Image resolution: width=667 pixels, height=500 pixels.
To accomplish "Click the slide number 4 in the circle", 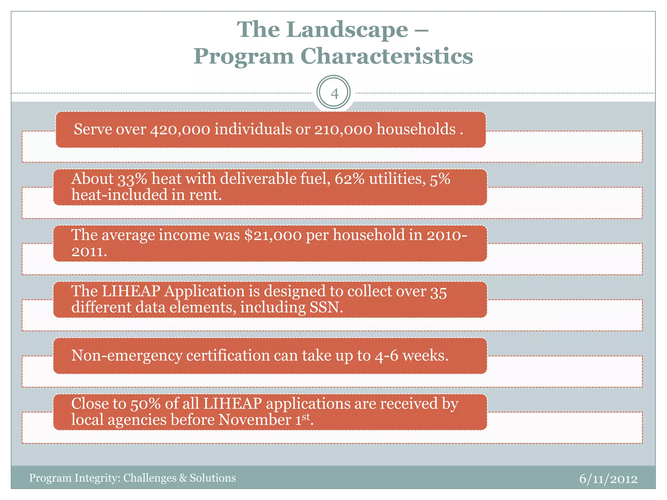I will tap(334, 94).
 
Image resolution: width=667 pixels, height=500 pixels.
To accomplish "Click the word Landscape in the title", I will tap(347, 30).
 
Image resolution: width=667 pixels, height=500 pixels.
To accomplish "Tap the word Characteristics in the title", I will tap(387, 56).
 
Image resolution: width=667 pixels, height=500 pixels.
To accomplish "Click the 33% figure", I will tap(132, 179).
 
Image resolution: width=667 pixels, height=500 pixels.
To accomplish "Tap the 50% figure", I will tap(145, 404).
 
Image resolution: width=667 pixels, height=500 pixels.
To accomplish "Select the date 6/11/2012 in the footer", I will tap(608, 479).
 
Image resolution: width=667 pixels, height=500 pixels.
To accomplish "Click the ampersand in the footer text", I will tap(183, 478).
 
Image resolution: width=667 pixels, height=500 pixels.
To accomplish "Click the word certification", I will tap(228, 356).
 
